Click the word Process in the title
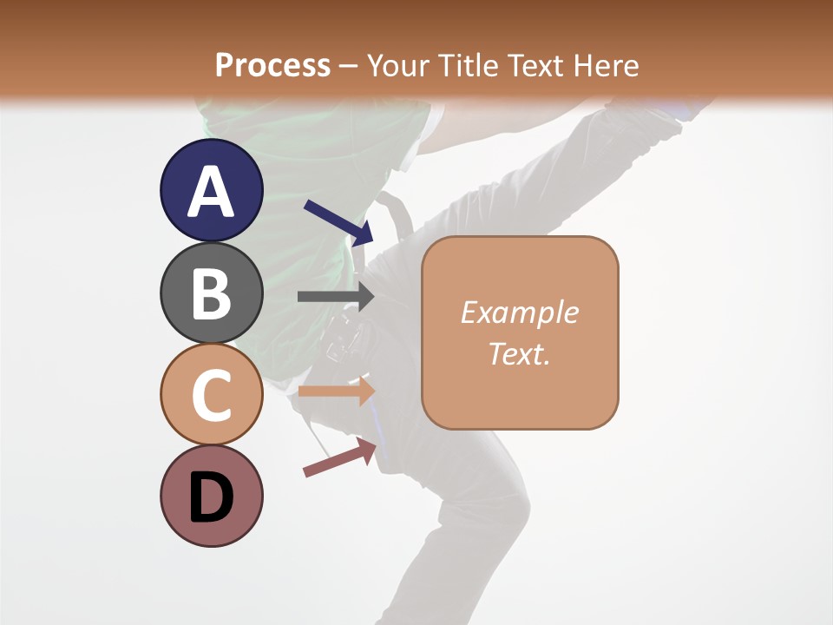click(x=272, y=65)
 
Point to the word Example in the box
click(x=519, y=312)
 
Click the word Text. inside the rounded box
click(x=519, y=354)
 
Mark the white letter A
click(x=212, y=191)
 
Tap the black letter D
click(x=211, y=497)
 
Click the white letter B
click(x=212, y=293)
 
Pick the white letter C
click(x=212, y=395)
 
